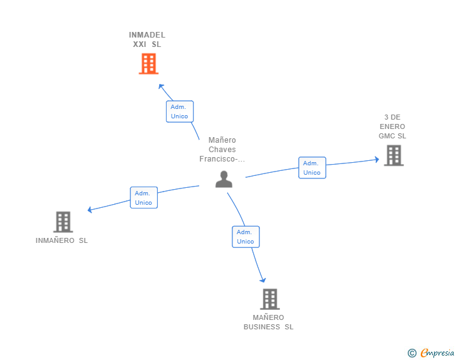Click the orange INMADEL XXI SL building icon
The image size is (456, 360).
(x=148, y=64)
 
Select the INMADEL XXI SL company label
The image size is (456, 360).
(x=147, y=39)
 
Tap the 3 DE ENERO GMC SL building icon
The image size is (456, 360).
(x=393, y=155)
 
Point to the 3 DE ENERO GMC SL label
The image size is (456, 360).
(x=392, y=126)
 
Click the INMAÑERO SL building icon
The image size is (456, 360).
(x=63, y=222)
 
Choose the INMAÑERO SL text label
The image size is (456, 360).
(x=62, y=240)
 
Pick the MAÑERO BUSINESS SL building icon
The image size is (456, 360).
(x=269, y=299)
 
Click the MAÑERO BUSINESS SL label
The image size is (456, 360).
(x=269, y=322)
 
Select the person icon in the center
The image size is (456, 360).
(x=224, y=179)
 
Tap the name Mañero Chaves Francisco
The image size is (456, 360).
(x=222, y=150)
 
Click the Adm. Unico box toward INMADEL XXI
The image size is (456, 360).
(x=180, y=111)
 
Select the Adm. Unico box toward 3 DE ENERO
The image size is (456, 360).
(x=312, y=168)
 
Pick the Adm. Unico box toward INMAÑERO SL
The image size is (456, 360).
(x=143, y=198)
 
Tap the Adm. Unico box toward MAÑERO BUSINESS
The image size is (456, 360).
(x=246, y=237)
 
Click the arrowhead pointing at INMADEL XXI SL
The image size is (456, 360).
(x=161, y=86)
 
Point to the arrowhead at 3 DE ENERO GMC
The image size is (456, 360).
(x=377, y=160)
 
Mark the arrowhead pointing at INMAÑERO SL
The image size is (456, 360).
(x=90, y=210)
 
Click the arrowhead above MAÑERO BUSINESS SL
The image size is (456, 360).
(x=263, y=280)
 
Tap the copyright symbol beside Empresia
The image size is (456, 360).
(x=412, y=354)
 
